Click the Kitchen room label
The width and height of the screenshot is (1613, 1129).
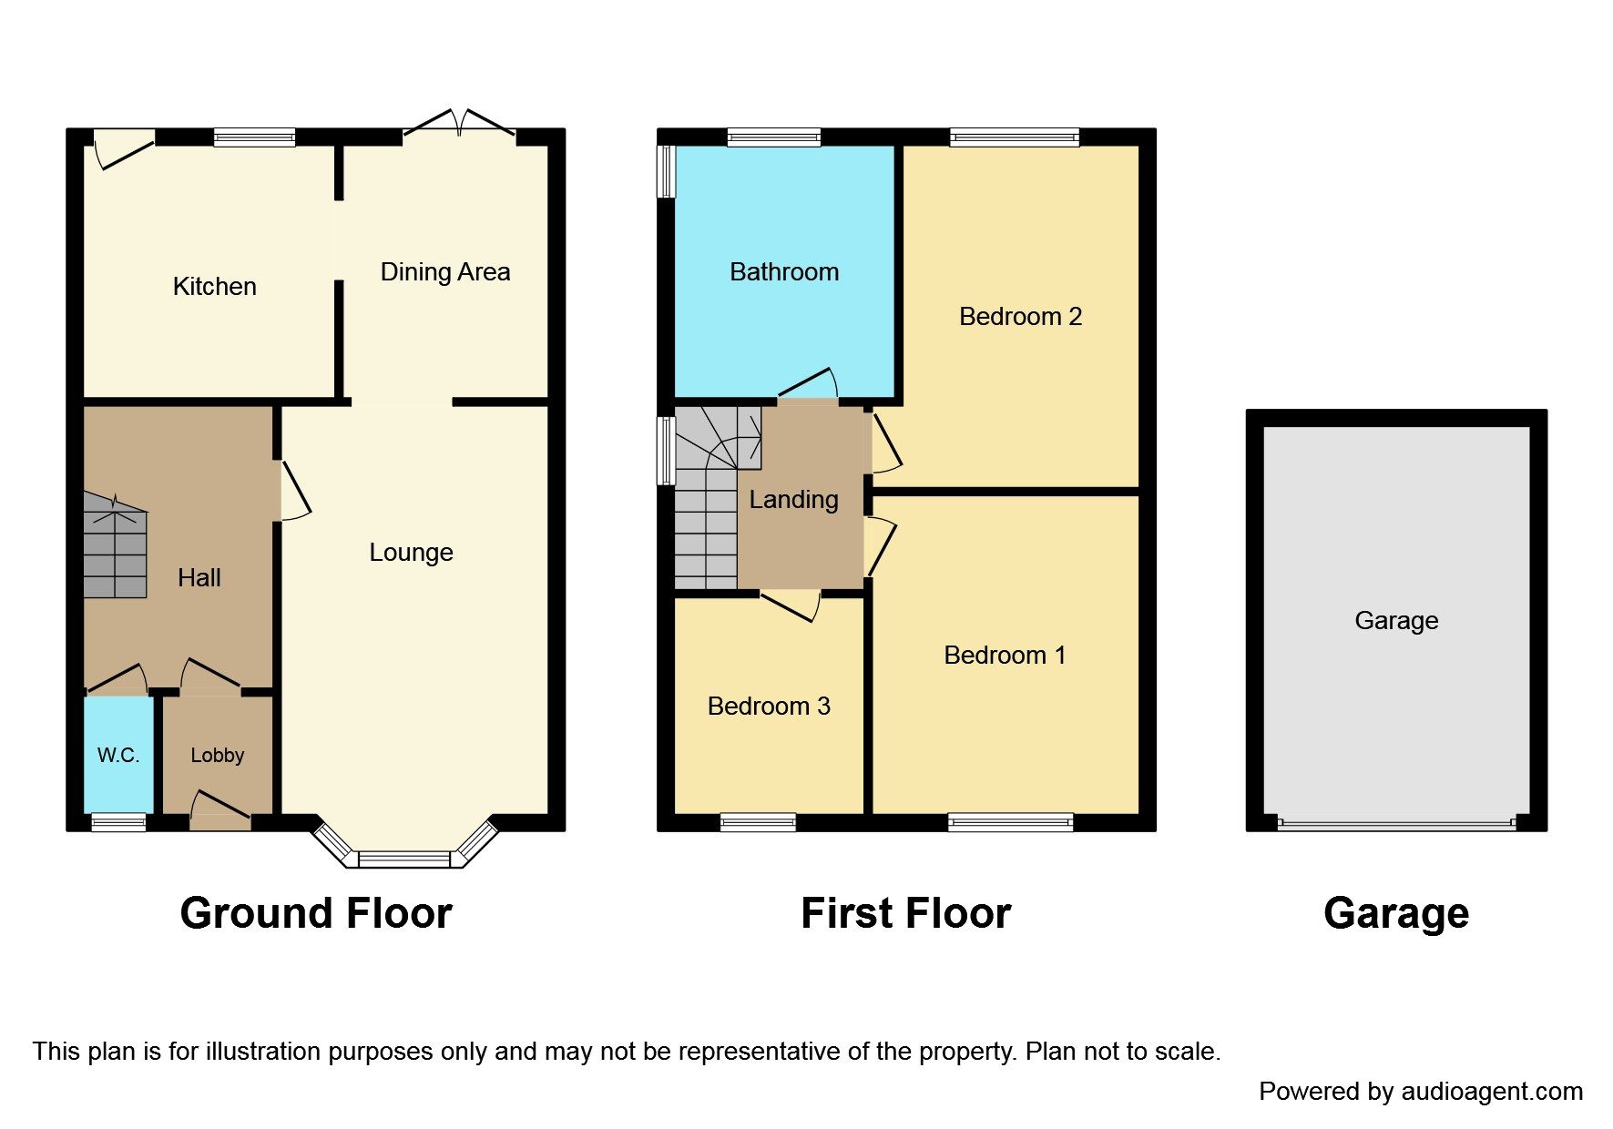[214, 287]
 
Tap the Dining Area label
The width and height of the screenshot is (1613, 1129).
[444, 272]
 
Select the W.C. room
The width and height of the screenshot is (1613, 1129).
[118, 755]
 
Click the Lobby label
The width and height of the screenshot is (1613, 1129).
[217, 755]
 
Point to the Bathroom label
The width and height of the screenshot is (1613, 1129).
[783, 272]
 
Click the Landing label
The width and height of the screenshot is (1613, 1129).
[793, 500]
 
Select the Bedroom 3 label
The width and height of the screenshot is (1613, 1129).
[769, 707]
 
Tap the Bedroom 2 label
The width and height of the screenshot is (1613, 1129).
[1020, 317]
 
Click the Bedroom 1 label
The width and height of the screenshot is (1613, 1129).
[1005, 656]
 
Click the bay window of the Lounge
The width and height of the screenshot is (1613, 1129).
[404, 858]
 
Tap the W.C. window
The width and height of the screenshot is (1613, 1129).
[118, 823]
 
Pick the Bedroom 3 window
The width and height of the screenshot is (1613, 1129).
[758, 823]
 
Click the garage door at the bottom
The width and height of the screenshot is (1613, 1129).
[1396, 824]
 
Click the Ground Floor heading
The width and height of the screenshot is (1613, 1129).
[315, 913]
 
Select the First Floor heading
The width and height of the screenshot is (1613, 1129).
[905, 913]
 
